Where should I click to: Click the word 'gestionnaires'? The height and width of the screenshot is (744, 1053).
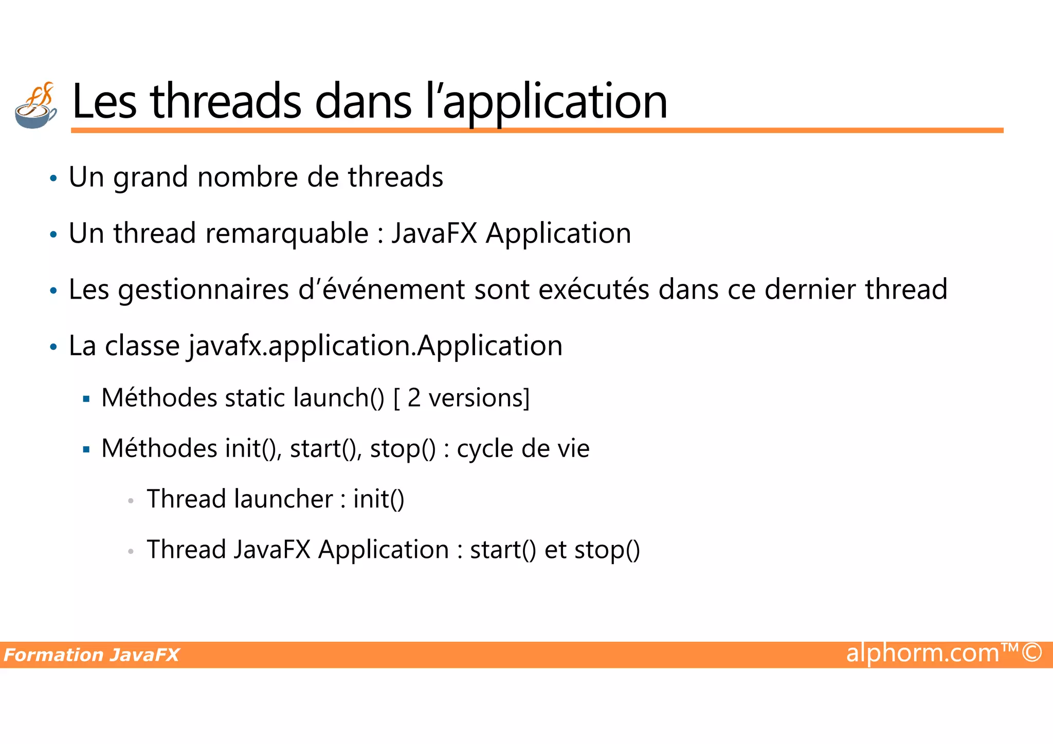click(204, 290)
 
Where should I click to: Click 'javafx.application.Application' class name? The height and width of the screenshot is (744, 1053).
click(375, 346)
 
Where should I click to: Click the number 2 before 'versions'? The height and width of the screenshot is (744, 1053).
click(414, 398)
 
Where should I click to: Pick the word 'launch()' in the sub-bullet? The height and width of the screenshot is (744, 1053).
click(338, 398)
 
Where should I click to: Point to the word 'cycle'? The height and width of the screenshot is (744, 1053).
click(485, 448)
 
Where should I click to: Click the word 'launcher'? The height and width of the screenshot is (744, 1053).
click(283, 499)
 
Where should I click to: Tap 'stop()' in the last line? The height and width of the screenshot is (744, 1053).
click(607, 550)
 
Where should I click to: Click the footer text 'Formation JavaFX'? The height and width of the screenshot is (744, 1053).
click(92, 655)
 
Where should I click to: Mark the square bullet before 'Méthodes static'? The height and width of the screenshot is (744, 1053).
click(86, 399)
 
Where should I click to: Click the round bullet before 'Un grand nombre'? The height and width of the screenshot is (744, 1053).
click(53, 179)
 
